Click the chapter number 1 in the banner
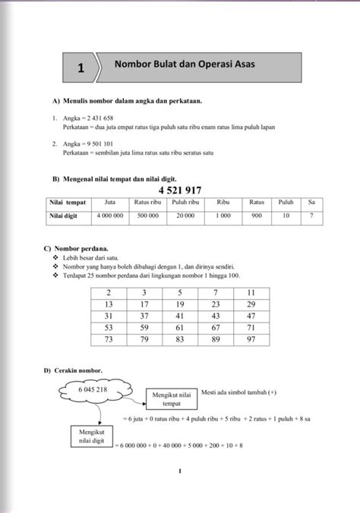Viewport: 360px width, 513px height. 80,69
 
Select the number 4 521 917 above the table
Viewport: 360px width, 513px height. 182,190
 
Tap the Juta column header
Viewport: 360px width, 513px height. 110,203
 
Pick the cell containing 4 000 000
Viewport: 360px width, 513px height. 110,216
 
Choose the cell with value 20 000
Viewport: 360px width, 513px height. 185,216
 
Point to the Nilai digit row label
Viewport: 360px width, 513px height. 64,216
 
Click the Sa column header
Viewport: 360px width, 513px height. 311,203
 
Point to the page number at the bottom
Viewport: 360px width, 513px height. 180,472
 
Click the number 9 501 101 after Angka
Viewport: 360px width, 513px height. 99,143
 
